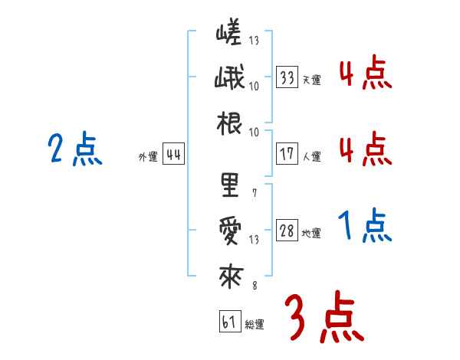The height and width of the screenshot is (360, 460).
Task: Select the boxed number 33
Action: [287, 77]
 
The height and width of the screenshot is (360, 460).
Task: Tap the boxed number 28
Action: [287, 231]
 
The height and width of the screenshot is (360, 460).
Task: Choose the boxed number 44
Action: [173, 155]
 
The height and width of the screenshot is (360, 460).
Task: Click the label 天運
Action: [312, 80]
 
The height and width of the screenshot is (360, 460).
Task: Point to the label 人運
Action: [312, 156]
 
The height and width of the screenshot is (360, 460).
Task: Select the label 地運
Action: [312, 234]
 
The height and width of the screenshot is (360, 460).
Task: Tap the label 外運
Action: [148, 157]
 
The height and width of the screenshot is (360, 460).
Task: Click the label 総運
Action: [254, 324]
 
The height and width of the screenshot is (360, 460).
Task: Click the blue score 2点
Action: [75, 149]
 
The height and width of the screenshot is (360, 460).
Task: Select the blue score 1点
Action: [365, 226]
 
